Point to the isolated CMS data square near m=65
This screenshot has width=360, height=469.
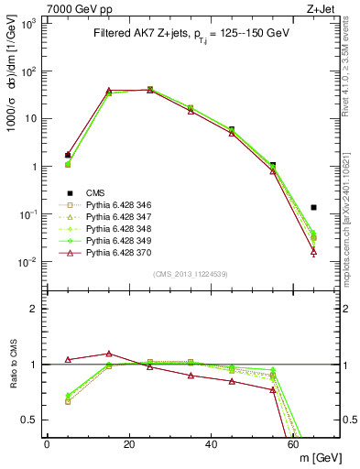pyautogui.click(x=313, y=208)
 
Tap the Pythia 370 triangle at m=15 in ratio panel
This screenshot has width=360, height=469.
pyautogui.click(x=109, y=354)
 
